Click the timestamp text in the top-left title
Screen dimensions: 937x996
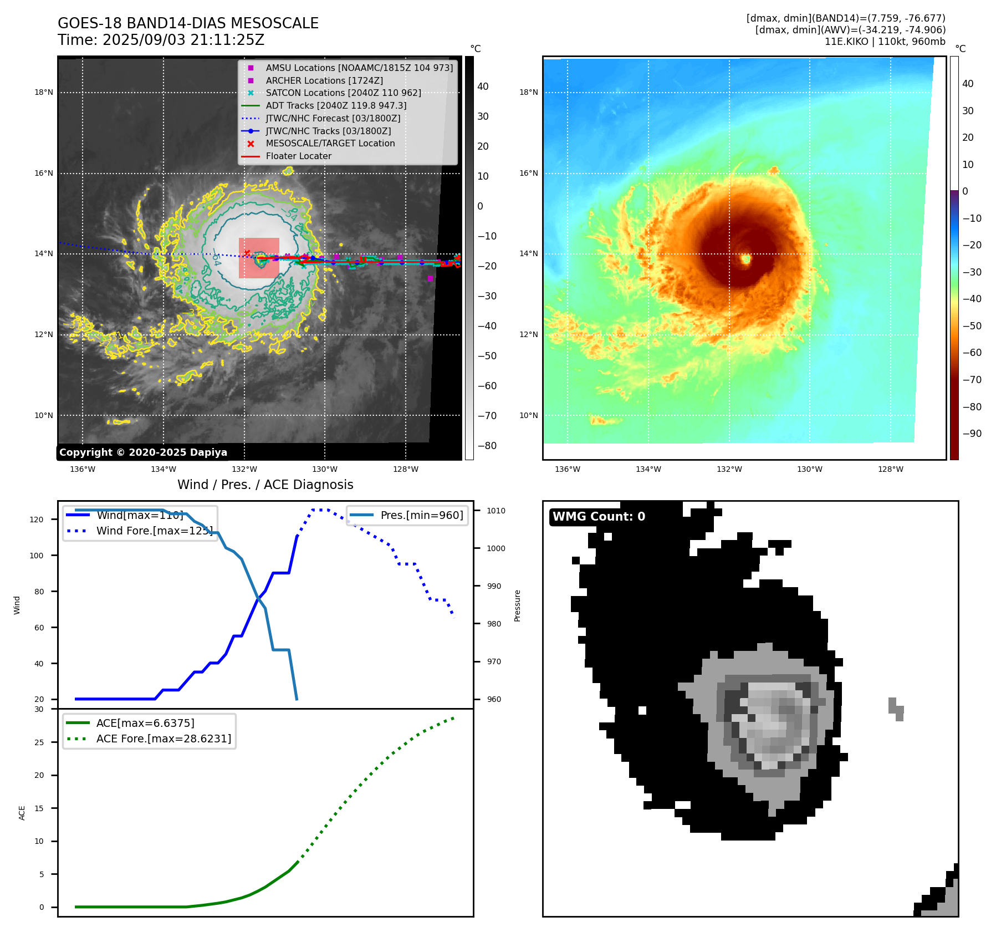(x=161, y=40)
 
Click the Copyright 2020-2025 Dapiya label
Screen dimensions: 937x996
(x=143, y=452)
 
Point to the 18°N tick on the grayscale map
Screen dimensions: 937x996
(x=44, y=93)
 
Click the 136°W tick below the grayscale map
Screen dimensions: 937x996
(x=83, y=470)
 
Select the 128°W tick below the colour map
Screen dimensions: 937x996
(x=890, y=470)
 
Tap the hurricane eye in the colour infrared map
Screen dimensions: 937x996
(x=746, y=258)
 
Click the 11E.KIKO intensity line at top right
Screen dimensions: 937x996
(x=885, y=42)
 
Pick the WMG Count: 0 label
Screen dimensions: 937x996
(x=599, y=517)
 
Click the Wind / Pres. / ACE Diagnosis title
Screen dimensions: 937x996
(x=265, y=485)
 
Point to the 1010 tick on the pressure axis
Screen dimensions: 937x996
(x=496, y=511)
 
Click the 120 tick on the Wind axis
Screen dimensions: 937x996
(x=37, y=520)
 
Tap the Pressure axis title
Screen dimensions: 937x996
(x=517, y=605)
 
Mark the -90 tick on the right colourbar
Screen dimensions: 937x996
(x=972, y=434)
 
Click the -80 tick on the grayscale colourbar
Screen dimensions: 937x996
(x=487, y=446)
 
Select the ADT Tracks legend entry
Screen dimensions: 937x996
(x=336, y=106)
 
